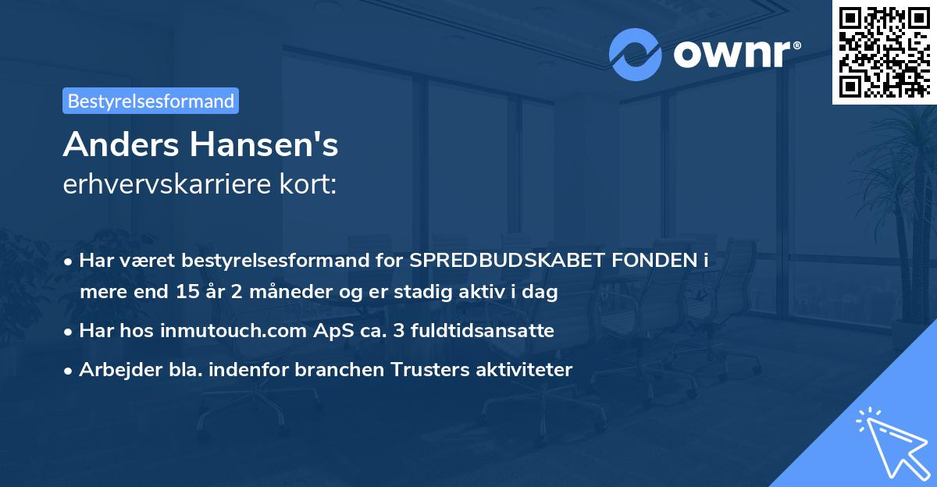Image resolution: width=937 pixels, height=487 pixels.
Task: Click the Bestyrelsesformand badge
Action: point(151,101)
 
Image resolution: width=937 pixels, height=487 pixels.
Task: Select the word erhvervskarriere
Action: point(160,185)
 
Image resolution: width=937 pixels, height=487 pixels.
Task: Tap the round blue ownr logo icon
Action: point(636,54)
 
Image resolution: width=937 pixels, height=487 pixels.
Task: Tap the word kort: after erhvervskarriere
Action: point(312,185)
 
